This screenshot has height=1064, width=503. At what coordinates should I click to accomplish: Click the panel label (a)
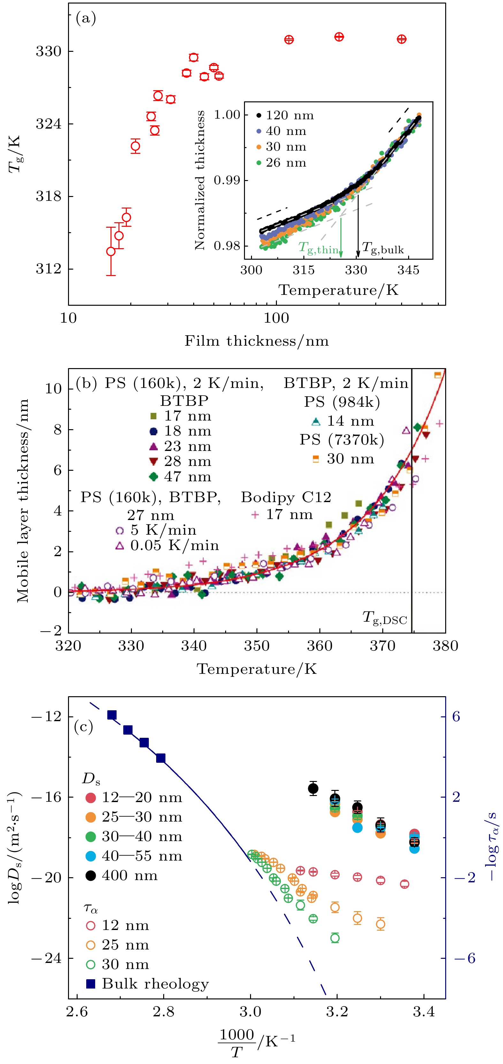point(86,19)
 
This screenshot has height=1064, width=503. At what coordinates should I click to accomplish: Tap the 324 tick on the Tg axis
point(48,124)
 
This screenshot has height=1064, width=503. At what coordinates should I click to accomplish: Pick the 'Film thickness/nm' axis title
point(257,341)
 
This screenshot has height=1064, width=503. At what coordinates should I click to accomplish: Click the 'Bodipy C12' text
point(286,497)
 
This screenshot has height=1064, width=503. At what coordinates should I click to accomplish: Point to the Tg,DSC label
point(385,618)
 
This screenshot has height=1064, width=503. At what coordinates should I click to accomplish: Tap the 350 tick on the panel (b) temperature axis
point(257,646)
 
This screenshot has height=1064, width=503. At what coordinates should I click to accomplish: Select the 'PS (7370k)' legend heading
point(342,440)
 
